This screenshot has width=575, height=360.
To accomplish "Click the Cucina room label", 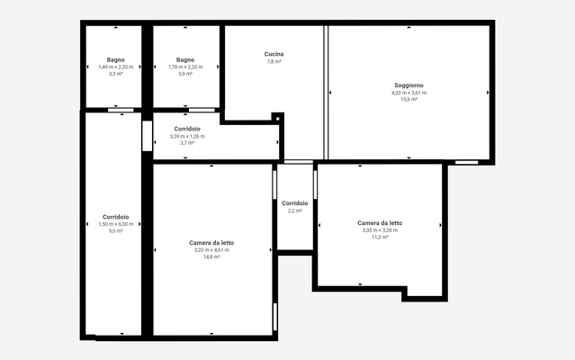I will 274,54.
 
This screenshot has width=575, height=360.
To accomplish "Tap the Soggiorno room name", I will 409,85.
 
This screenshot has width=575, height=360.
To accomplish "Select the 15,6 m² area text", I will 409,99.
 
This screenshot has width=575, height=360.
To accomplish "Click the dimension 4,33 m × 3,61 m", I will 409,92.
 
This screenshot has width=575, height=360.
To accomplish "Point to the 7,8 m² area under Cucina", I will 274,61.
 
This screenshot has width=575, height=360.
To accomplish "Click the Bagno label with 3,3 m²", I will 115,59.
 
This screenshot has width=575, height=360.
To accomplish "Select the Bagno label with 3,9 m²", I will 185,59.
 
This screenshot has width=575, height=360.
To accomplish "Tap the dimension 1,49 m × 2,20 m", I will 115,67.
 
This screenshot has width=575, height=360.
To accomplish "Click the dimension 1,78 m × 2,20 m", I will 185,67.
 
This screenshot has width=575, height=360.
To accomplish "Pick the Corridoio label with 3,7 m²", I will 187,129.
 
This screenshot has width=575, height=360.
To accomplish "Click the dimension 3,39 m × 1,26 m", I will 187,136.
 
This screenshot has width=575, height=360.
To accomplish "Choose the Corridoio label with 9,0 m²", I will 115,216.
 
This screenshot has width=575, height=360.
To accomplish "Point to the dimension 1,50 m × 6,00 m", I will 115,223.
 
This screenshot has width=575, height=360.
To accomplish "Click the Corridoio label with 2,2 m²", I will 294,202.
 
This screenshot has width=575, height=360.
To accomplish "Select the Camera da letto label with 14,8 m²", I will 212,242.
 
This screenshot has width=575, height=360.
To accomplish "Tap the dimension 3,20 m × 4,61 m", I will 212,249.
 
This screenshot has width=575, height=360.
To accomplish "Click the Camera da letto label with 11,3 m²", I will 380,222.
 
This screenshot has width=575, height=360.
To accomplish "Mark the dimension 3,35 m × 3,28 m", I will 380,229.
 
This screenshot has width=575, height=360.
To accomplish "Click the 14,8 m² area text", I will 212,256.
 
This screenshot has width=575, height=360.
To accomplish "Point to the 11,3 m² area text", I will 380,237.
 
